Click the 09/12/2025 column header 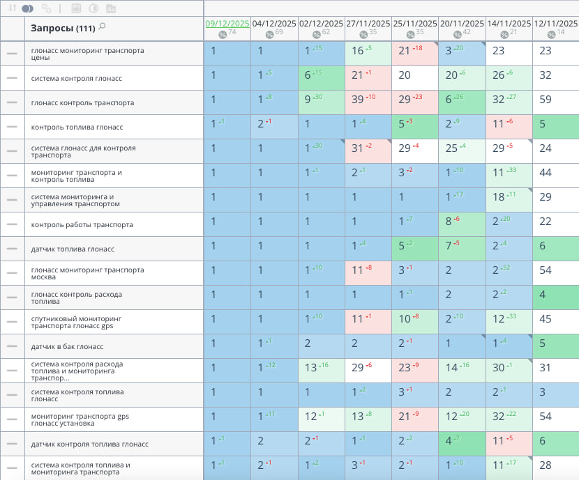pos(227,23)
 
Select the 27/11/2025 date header pos(368,23)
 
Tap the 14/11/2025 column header pos(509,23)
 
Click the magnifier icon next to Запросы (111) pos(103,26)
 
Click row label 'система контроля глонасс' pos(77,79)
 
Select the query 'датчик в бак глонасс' pos(67,347)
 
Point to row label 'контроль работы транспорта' pos(78,225)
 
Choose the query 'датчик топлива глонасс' pos(73,249)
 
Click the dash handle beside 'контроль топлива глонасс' pos(12,127)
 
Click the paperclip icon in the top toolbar pos(47,8)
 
